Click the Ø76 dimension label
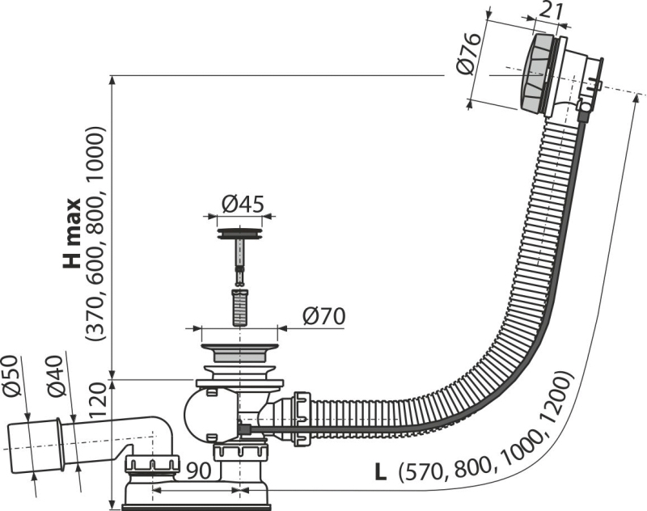pos(469,53)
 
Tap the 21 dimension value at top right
pos(551,12)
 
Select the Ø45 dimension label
pos(243,204)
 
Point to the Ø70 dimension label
pos(323,317)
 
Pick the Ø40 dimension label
pos(56,376)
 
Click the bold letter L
pos(380,473)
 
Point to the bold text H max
pos(72,234)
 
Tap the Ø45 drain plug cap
pos(239,234)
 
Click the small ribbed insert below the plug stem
pos(239,308)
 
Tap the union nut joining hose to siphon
pos(302,420)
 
